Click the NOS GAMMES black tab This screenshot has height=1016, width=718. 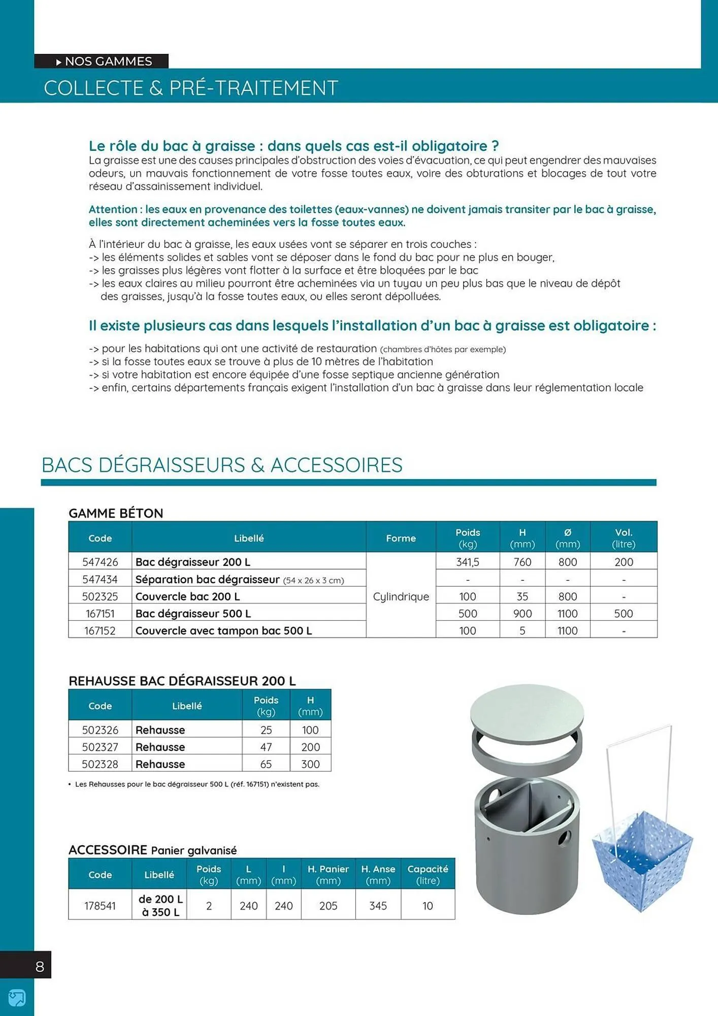click(x=102, y=61)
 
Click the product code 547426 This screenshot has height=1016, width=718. click(x=100, y=562)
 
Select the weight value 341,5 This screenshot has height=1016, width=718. click(x=467, y=562)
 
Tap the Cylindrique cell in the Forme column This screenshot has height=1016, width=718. click(x=401, y=596)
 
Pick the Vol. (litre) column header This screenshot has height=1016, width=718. click(x=624, y=538)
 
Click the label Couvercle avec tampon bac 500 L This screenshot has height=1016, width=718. click(x=223, y=630)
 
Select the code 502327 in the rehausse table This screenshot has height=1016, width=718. click(x=100, y=747)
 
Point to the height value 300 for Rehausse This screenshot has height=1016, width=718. click(x=310, y=764)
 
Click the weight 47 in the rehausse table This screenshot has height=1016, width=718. click(x=266, y=747)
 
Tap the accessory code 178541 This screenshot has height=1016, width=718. click(x=100, y=906)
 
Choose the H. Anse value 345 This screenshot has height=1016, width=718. click(x=378, y=906)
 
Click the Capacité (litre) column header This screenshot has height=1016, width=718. click(x=428, y=874)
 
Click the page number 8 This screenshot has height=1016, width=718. click(x=40, y=966)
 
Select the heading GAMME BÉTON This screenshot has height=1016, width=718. click(x=116, y=513)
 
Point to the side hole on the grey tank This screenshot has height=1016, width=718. click(x=564, y=836)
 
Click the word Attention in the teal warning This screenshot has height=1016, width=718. click(x=113, y=209)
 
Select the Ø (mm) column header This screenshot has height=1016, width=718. click(x=567, y=538)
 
